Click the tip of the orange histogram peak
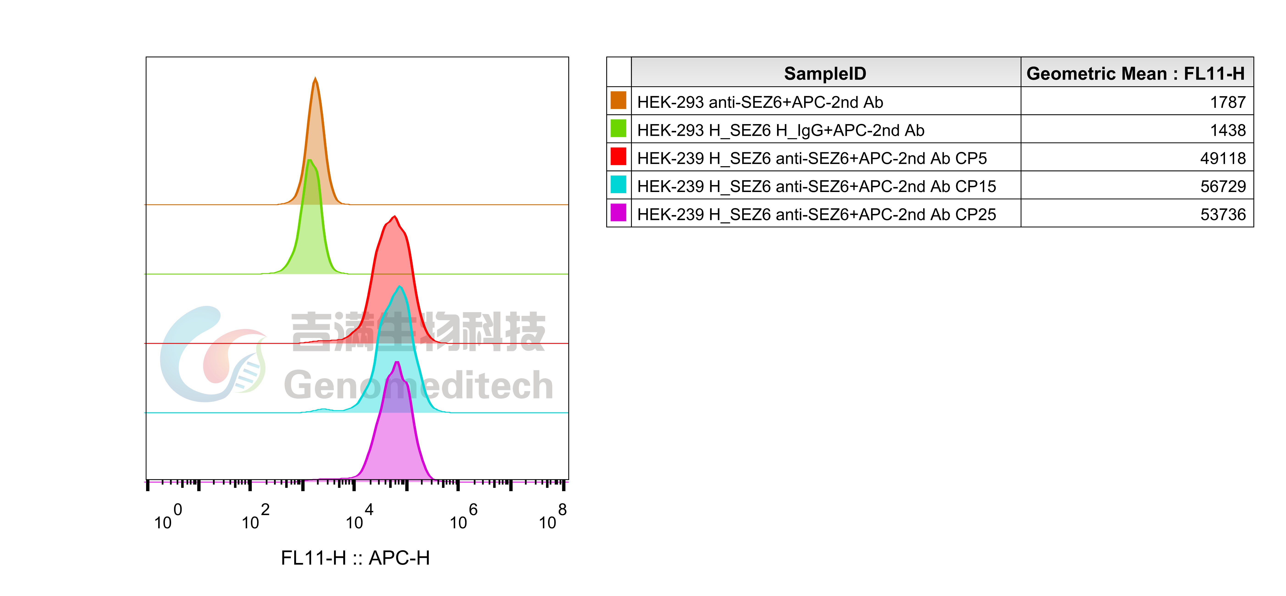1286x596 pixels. (x=315, y=78)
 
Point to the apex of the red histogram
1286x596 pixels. (x=395, y=216)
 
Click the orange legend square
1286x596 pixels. (x=618, y=100)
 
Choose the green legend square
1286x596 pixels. (x=618, y=128)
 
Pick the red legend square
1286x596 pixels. (x=618, y=156)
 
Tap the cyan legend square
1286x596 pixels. (x=618, y=184)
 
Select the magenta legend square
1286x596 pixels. (x=618, y=212)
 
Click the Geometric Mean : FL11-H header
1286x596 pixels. (x=1136, y=73)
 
